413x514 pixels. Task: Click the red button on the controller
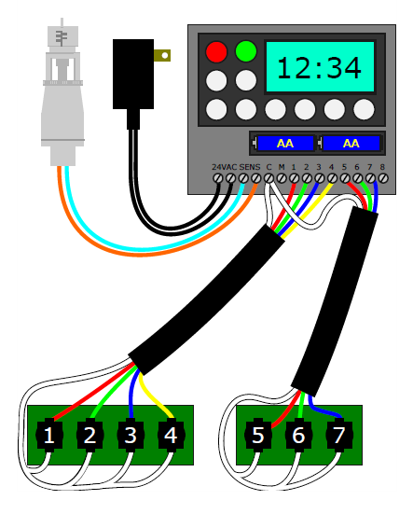(x=216, y=51)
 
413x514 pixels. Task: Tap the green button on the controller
(x=246, y=51)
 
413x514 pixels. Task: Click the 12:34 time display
(x=320, y=66)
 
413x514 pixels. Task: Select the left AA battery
(x=284, y=144)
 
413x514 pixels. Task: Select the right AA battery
(x=351, y=144)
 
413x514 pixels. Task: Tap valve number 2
(x=90, y=435)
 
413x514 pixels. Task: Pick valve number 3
(x=131, y=435)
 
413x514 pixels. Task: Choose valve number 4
(x=170, y=435)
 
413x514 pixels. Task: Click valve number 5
(x=258, y=435)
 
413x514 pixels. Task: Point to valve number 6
(x=298, y=435)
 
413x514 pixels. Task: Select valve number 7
(x=338, y=435)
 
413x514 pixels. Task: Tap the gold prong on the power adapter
(x=163, y=55)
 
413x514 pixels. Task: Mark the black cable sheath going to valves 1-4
(x=207, y=299)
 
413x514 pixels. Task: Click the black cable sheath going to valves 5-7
(x=331, y=299)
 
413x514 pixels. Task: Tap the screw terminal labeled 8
(x=382, y=176)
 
